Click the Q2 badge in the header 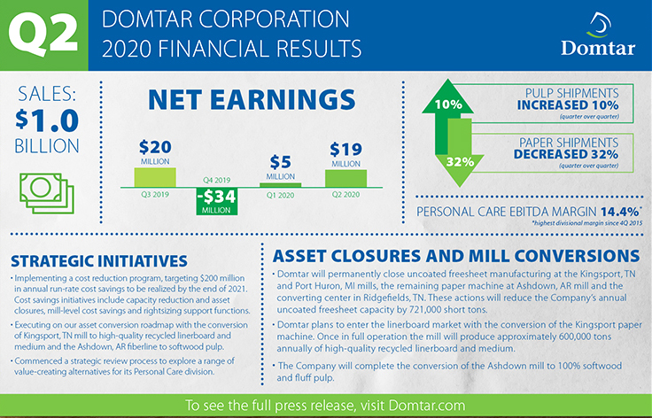pos(43,35)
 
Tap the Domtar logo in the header pos(598,35)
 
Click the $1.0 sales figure pos(47,120)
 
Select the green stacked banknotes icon pos(47,193)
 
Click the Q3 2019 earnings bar pos(155,177)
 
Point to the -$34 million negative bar pos(217,202)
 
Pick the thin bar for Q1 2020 pos(280,185)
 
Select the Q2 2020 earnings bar pos(345,178)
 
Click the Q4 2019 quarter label pos(216,181)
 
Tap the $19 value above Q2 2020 pos(345,149)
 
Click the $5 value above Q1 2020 pos(280,162)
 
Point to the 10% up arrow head pos(447,97)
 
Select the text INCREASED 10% pos(568,105)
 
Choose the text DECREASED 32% pos(566,154)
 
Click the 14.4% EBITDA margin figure pos(619,212)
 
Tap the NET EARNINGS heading pos(252,100)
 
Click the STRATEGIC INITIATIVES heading pos(99,261)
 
